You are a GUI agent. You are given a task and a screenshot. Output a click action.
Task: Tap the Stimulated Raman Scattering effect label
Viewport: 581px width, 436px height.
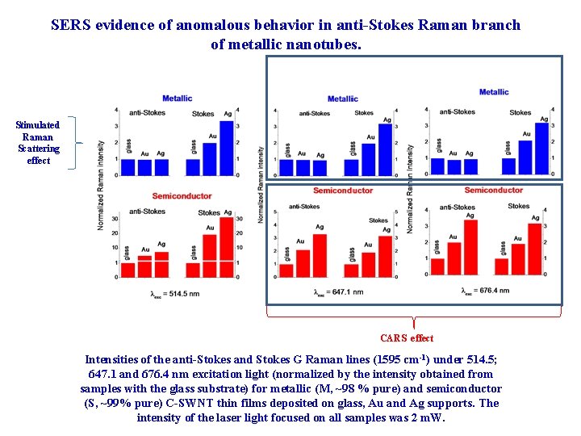tap(38, 142)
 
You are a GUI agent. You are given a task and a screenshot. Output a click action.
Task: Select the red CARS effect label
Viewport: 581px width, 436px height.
tap(407, 338)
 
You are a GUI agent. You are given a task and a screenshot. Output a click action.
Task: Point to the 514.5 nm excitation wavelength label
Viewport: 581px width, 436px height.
tap(175, 293)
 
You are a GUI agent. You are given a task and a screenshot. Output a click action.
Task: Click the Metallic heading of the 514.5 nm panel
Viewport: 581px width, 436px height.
tap(177, 99)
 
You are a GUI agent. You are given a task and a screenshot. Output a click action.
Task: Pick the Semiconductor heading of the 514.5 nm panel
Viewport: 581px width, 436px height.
tap(182, 196)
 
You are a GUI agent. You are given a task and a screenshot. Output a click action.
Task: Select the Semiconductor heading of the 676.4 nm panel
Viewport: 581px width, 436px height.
tap(493, 190)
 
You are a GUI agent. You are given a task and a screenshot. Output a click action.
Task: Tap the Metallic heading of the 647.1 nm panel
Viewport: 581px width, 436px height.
tap(342, 99)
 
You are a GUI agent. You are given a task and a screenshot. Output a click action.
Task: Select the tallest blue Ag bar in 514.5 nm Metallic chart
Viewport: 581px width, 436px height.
tap(227, 148)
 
